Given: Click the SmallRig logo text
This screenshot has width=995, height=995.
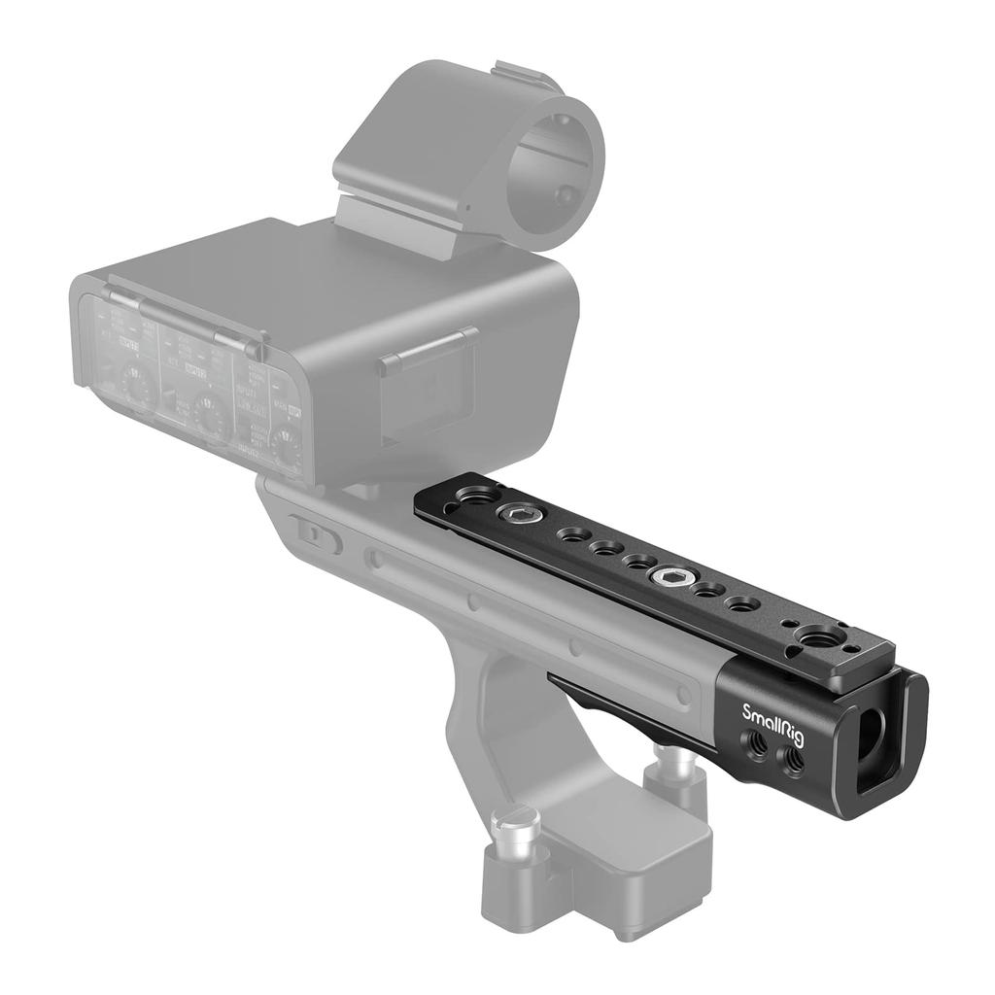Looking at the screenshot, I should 772,718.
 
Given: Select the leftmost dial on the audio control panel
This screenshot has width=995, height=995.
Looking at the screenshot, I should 136,383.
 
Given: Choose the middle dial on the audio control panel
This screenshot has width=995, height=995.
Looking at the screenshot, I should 210,408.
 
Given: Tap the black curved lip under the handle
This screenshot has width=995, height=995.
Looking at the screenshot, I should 622,700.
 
